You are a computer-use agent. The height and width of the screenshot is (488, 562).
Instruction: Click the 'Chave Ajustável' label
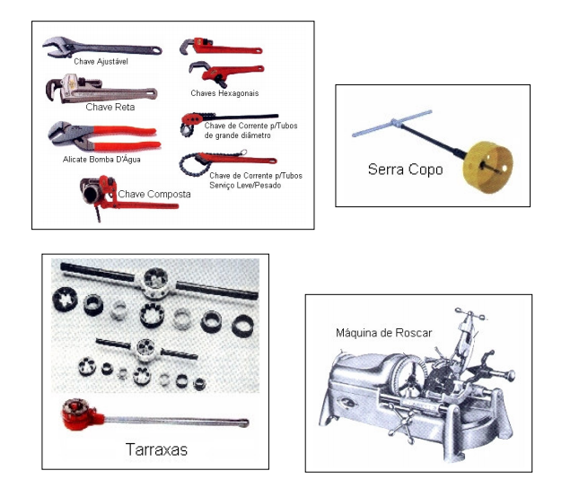[x=101, y=62]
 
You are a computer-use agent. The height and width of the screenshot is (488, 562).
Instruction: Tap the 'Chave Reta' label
[x=110, y=107]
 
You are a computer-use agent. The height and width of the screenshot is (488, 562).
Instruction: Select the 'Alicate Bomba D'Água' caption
[x=101, y=160]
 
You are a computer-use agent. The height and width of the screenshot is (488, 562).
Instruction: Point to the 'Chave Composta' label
[x=154, y=194]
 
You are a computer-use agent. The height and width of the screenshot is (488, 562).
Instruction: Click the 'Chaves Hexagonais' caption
[x=224, y=93]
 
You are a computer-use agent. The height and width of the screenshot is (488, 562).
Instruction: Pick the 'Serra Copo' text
[x=406, y=169]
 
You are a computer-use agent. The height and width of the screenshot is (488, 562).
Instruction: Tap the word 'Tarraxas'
[x=156, y=449]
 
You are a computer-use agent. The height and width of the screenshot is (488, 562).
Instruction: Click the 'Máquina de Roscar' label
[x=384, y=333]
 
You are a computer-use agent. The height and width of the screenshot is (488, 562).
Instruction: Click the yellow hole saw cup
[x=487, y=167]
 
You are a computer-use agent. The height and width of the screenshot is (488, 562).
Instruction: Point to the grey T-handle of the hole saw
[x=392, y=124]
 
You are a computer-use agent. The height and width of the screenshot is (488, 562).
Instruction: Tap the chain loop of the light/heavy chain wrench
[x=192, y=165]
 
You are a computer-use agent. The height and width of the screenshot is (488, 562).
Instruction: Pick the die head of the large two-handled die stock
[x=155, y=283]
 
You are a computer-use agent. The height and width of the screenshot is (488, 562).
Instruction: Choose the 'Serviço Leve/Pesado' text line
[x=245, y=186]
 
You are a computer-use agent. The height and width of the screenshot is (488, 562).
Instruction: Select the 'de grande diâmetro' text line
[x=237, y=135]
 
